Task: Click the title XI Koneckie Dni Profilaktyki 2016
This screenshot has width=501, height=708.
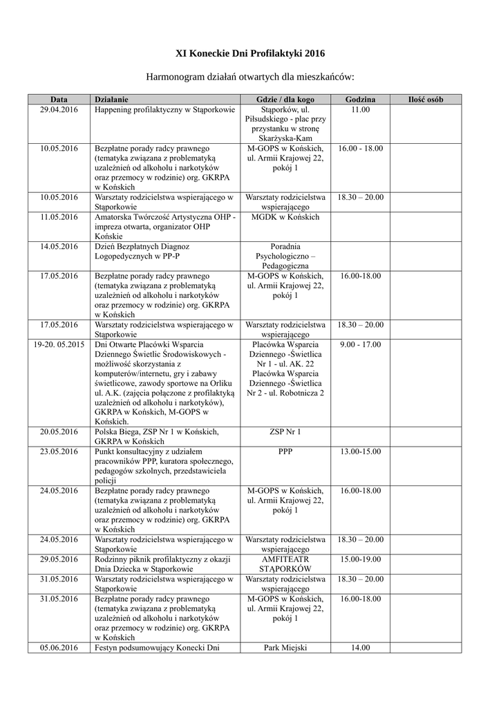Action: point(249,53)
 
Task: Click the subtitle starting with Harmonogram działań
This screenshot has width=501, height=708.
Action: point(250,76)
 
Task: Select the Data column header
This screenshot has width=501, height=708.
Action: point(59,100)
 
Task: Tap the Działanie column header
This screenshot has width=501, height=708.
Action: point(111,100)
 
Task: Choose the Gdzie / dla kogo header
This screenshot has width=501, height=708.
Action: point(285,100)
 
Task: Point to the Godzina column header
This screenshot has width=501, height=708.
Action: point(360,100)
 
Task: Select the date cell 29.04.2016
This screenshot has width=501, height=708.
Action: point(59,110)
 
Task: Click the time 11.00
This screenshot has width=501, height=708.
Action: point(360,110)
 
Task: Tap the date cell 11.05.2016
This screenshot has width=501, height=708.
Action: point(59,217)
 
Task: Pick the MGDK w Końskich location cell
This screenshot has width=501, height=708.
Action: point(285,217)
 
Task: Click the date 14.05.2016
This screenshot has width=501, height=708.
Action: point(59,246)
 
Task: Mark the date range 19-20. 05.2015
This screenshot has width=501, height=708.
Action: point(59,344)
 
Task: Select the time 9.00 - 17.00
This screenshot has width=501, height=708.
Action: point(360,344)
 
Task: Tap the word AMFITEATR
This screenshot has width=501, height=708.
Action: point(285,559)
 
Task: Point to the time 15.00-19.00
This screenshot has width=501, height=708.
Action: point(360,559)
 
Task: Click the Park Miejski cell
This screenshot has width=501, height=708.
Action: point(285,648)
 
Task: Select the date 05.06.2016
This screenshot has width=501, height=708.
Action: point(59,648)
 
